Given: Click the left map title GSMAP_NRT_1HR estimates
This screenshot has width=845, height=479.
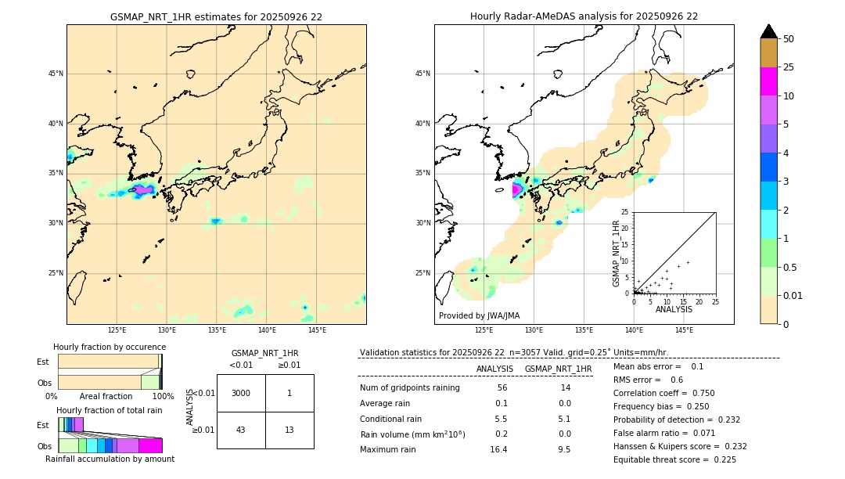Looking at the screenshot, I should [216, 16].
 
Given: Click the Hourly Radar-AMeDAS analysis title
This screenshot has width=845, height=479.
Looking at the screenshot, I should [584, 16].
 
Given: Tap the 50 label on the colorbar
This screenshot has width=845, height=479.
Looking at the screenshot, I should [789, 39].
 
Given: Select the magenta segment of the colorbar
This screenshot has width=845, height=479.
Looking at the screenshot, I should [768, 81].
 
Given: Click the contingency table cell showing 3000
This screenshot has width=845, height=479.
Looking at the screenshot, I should [241, 393].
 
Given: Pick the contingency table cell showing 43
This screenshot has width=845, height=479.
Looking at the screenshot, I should [241, 430].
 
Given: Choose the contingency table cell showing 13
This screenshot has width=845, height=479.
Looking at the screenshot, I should [289, 430].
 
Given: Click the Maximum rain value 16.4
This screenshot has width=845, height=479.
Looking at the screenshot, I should [498, 449].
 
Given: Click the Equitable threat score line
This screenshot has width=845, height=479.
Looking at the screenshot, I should [674, 459].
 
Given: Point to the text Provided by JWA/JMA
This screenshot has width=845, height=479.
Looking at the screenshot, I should [479, 315].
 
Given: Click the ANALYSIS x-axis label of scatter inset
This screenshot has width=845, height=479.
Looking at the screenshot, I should [674, 309].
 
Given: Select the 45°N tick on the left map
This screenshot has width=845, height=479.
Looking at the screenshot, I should [56, 74].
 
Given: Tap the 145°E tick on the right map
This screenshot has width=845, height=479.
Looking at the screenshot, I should [684, 330].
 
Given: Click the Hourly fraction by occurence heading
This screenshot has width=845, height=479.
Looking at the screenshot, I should [110, 347].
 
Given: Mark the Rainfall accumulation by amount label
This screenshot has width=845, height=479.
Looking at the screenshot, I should [110, 459].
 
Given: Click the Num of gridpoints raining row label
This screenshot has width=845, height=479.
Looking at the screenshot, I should [410, 388].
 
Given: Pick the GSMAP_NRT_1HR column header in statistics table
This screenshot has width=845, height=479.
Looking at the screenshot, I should [558, 369].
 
